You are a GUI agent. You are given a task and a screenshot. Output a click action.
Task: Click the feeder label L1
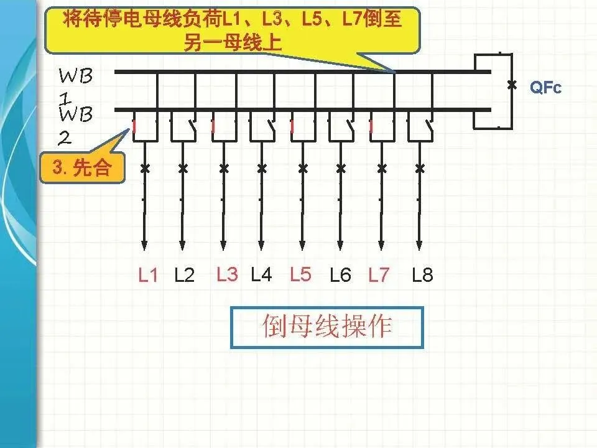[x=148, y=275]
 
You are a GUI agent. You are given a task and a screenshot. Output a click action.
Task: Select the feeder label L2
[x=185, y=275]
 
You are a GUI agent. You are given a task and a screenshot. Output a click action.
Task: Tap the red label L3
[x=227, y=274]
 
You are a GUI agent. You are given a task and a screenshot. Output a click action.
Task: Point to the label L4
[x=261, y=274]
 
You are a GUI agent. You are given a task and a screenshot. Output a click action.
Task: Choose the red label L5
[x=300, y=274]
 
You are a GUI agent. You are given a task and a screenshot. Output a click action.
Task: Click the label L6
[x=340, y=275]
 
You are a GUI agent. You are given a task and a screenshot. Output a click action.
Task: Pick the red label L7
[x=378, y=275]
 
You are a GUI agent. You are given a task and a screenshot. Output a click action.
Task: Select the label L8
[x=422, y=275]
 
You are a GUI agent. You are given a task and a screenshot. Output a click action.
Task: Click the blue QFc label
[x=545, y=88]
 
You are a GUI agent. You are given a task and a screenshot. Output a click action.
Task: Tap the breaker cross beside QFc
[x=512, y=85]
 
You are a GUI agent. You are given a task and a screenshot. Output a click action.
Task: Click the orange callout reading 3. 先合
[x=81, y=168]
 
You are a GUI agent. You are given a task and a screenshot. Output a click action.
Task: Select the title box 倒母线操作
[x=327, y=327]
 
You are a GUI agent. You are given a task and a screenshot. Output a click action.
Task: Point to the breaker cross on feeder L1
[x=144, y=168]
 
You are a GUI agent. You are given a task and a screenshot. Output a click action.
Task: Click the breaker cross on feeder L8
[x=420, y=168]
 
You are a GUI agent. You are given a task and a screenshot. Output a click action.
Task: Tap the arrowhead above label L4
[x=262, y=244]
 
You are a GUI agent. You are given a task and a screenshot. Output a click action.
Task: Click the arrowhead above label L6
[x=340, y=244]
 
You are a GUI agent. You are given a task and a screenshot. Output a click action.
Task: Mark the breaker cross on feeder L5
[x=303, y=168]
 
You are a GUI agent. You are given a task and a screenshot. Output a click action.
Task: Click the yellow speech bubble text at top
[x=232, y=30]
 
